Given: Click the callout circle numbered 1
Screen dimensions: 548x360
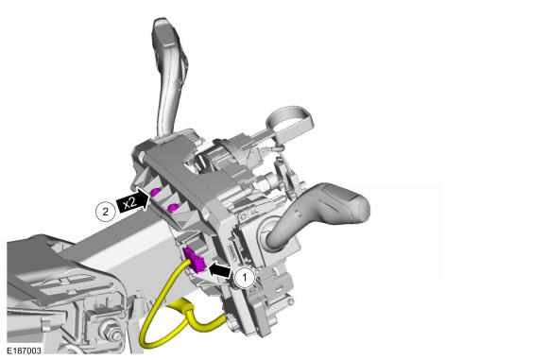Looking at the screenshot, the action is click(x=245, y=278).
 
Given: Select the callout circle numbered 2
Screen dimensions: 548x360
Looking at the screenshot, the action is click(x=105, y=211).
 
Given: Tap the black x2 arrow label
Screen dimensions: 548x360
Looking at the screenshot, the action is click(x=133, y=200).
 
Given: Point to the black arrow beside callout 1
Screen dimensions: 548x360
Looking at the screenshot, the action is click(x=220, y=269).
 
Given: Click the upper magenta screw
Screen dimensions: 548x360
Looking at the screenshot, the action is click(x=155, y=192).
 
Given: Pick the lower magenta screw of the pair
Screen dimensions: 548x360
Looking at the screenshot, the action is click(x=173, y=208).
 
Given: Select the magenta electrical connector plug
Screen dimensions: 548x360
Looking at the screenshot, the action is click(x=196, y=260).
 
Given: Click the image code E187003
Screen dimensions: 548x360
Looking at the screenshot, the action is click(x=24, y=351).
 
